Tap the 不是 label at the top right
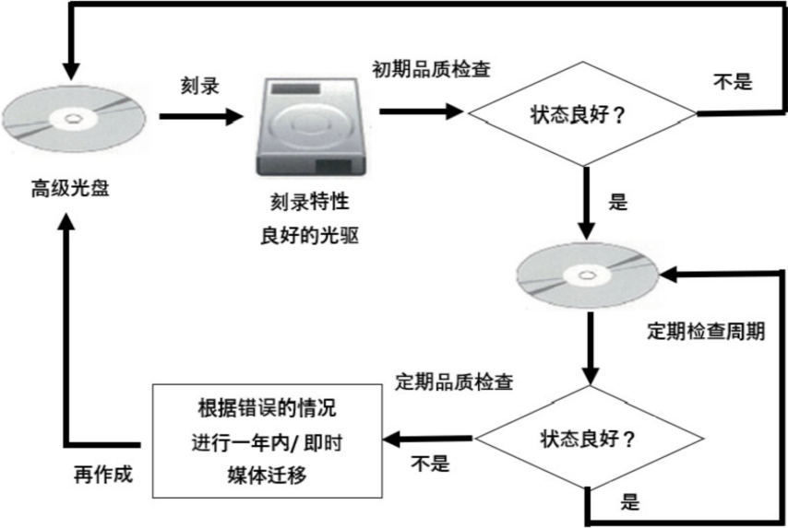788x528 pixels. [734, 81]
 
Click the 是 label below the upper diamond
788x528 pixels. [618, 202]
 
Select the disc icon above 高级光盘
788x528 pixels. [70, 117]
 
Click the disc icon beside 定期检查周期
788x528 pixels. [587, 275]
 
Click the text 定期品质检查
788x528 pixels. [453, 380]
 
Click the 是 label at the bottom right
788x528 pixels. [630, 503]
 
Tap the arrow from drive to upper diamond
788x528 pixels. [420, 111]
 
